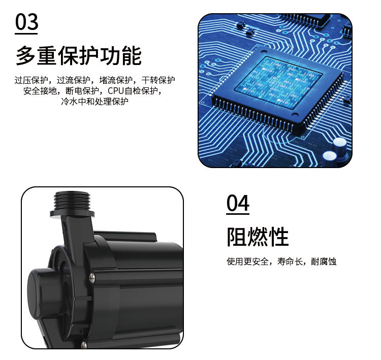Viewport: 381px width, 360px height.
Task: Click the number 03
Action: (27, 23)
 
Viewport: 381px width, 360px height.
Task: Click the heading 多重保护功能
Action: (78, 56)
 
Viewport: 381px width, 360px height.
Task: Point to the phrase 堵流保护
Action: (116, 80)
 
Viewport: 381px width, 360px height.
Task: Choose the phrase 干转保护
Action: (158, 80)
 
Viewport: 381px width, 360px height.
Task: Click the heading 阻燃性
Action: (258, 237)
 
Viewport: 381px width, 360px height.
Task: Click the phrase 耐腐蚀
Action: (324, 262)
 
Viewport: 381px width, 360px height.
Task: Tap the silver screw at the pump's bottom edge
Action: (84, 345)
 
